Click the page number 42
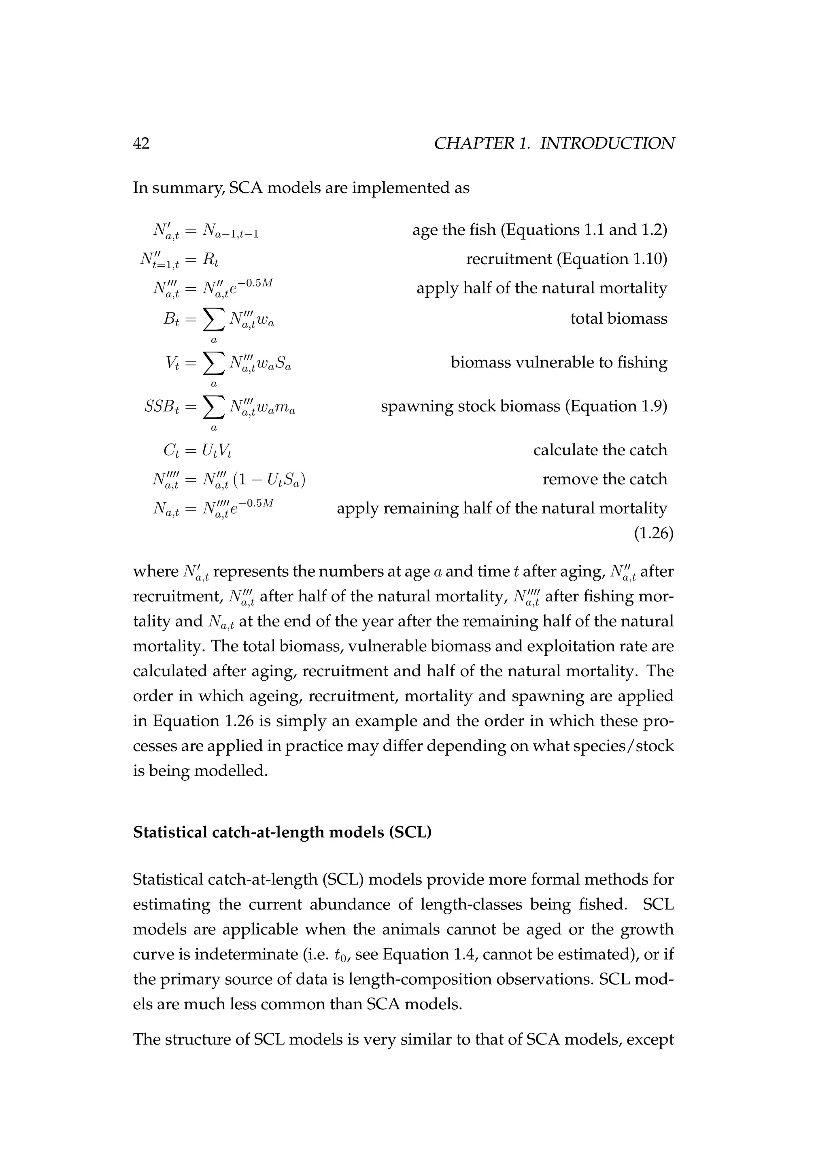coord(141,143)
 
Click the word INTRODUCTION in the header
coord(607,143)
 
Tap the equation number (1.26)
coord(653,533)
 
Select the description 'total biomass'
coord(618,318)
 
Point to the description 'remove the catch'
coord(604,479)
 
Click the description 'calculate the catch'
coord(600,450)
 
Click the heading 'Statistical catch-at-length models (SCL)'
coord(282,832)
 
